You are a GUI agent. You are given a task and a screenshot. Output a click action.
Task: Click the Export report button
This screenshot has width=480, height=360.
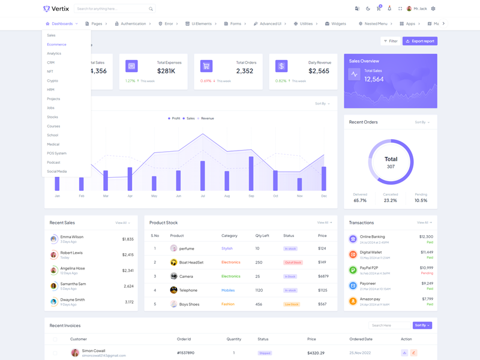(x=420, y=41)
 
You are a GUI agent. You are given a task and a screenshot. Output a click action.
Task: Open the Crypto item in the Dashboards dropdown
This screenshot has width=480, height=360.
(x=53, y=80)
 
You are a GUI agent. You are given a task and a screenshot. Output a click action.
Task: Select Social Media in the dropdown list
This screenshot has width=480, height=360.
(x=57, y=171)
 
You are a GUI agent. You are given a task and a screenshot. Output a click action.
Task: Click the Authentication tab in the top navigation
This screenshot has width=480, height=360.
(x=130, y=23)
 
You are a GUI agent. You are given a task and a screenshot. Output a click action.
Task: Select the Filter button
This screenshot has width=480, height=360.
(x=390, y=41)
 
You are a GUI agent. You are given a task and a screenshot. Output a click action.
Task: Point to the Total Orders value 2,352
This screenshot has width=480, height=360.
(x=245, y=71)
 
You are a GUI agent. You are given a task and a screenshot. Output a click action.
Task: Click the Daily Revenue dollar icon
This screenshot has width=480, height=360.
(x=281, y=66)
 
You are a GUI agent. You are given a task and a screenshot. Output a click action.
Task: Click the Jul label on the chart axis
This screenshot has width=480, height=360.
(x=203, y=196)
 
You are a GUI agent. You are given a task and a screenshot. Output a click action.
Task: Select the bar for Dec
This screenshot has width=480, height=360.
(x=324, y=179)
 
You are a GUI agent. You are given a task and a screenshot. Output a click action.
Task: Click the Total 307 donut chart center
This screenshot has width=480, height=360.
(x=391, y=162)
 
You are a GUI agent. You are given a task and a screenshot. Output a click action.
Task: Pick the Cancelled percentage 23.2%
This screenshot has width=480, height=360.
(x=390, y=200)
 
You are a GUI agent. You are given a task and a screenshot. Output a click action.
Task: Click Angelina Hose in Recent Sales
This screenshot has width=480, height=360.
(x=73, y=268)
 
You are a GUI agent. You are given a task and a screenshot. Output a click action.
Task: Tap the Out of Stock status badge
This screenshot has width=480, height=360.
(x=293, y=262)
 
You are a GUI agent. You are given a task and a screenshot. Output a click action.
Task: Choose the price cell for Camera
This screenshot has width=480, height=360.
(x=323, y=276)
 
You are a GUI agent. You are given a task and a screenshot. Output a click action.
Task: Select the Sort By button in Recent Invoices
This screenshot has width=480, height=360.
(x=422, y=325)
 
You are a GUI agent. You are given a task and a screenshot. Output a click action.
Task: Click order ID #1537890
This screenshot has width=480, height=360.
(x=185, y=353)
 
